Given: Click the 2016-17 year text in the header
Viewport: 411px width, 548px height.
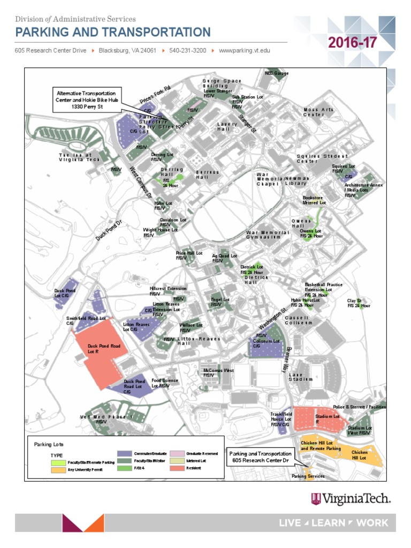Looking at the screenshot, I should click(x=352, y=43).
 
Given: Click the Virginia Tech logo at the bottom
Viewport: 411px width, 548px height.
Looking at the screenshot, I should click(x=351, y=499).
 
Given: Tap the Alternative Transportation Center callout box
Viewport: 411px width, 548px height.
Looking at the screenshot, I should click(x=86, y=100).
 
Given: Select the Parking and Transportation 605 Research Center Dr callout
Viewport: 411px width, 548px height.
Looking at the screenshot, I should click(x=259, y=457).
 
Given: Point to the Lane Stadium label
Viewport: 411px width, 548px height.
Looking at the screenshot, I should click(x=300, y=377).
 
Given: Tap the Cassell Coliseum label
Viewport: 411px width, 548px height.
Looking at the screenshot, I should click(x=298, y=320).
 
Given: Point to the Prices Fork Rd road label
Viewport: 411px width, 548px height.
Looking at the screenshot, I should click(x=155, y=94).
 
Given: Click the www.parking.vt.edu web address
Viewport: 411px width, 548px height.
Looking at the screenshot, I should click(x=244, y=51).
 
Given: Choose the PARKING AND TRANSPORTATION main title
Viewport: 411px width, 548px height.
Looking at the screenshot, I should click(x=113, y=32).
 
